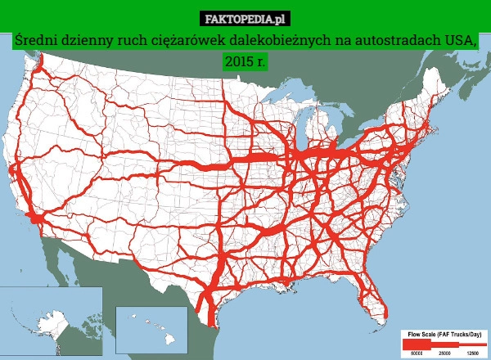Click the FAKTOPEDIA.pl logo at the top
[x=245, y=17]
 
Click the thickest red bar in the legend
[x=417, y=344]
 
